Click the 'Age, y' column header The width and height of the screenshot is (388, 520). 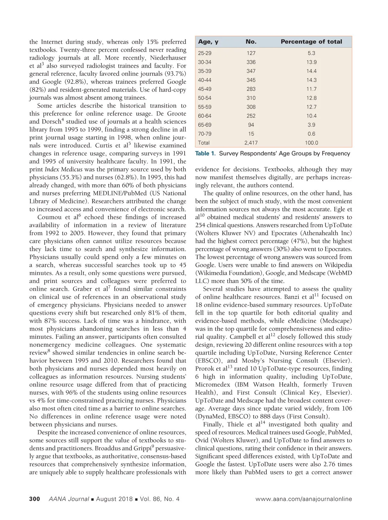coord(208,42)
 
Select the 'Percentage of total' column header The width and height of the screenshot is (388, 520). coord(311,42)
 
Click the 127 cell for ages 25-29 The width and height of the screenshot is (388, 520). coord(251,53)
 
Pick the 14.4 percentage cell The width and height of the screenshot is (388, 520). coord(311,71)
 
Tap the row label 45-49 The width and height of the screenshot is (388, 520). coord(205,89)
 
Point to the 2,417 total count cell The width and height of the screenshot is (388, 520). coord(251,143)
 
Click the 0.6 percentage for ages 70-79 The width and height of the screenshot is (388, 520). coord(311,134)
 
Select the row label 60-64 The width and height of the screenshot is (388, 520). coord(205,116)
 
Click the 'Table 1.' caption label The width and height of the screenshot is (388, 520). coord(205,153)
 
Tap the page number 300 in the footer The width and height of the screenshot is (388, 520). coord(35,499)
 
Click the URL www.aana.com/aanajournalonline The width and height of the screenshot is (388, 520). coord(304,499)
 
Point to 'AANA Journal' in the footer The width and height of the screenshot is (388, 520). coord(69,499)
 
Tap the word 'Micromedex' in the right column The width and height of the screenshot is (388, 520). coord(211,385)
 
